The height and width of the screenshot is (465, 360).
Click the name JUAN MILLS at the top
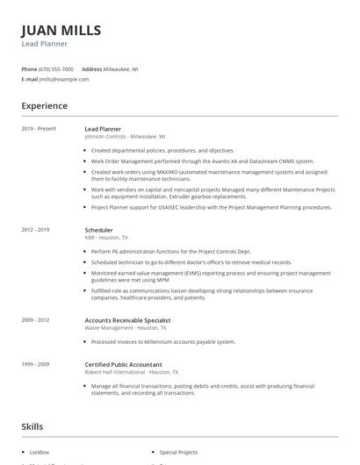point(61,30)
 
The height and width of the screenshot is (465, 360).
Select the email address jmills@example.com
point(64,79)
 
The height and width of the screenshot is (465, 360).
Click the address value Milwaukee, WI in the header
point(121,68)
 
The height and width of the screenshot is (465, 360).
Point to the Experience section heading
point(44,106)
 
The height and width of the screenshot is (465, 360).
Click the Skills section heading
point(32,427)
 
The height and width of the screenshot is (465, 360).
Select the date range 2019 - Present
point(39,129)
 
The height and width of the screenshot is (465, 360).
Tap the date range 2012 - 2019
point(35,230)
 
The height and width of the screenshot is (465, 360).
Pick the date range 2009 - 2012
point(35,321)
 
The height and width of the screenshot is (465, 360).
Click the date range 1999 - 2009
point(35,364)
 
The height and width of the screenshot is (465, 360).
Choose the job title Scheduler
point(100,230)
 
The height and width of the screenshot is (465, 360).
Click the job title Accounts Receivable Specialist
point(127,321)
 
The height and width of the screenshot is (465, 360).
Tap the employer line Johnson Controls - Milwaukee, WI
point(125,137)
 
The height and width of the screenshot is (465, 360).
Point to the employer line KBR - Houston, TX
point(106,238)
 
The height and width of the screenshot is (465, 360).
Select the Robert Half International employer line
point(127,372)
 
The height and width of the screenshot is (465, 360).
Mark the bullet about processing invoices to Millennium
point(162,342)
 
